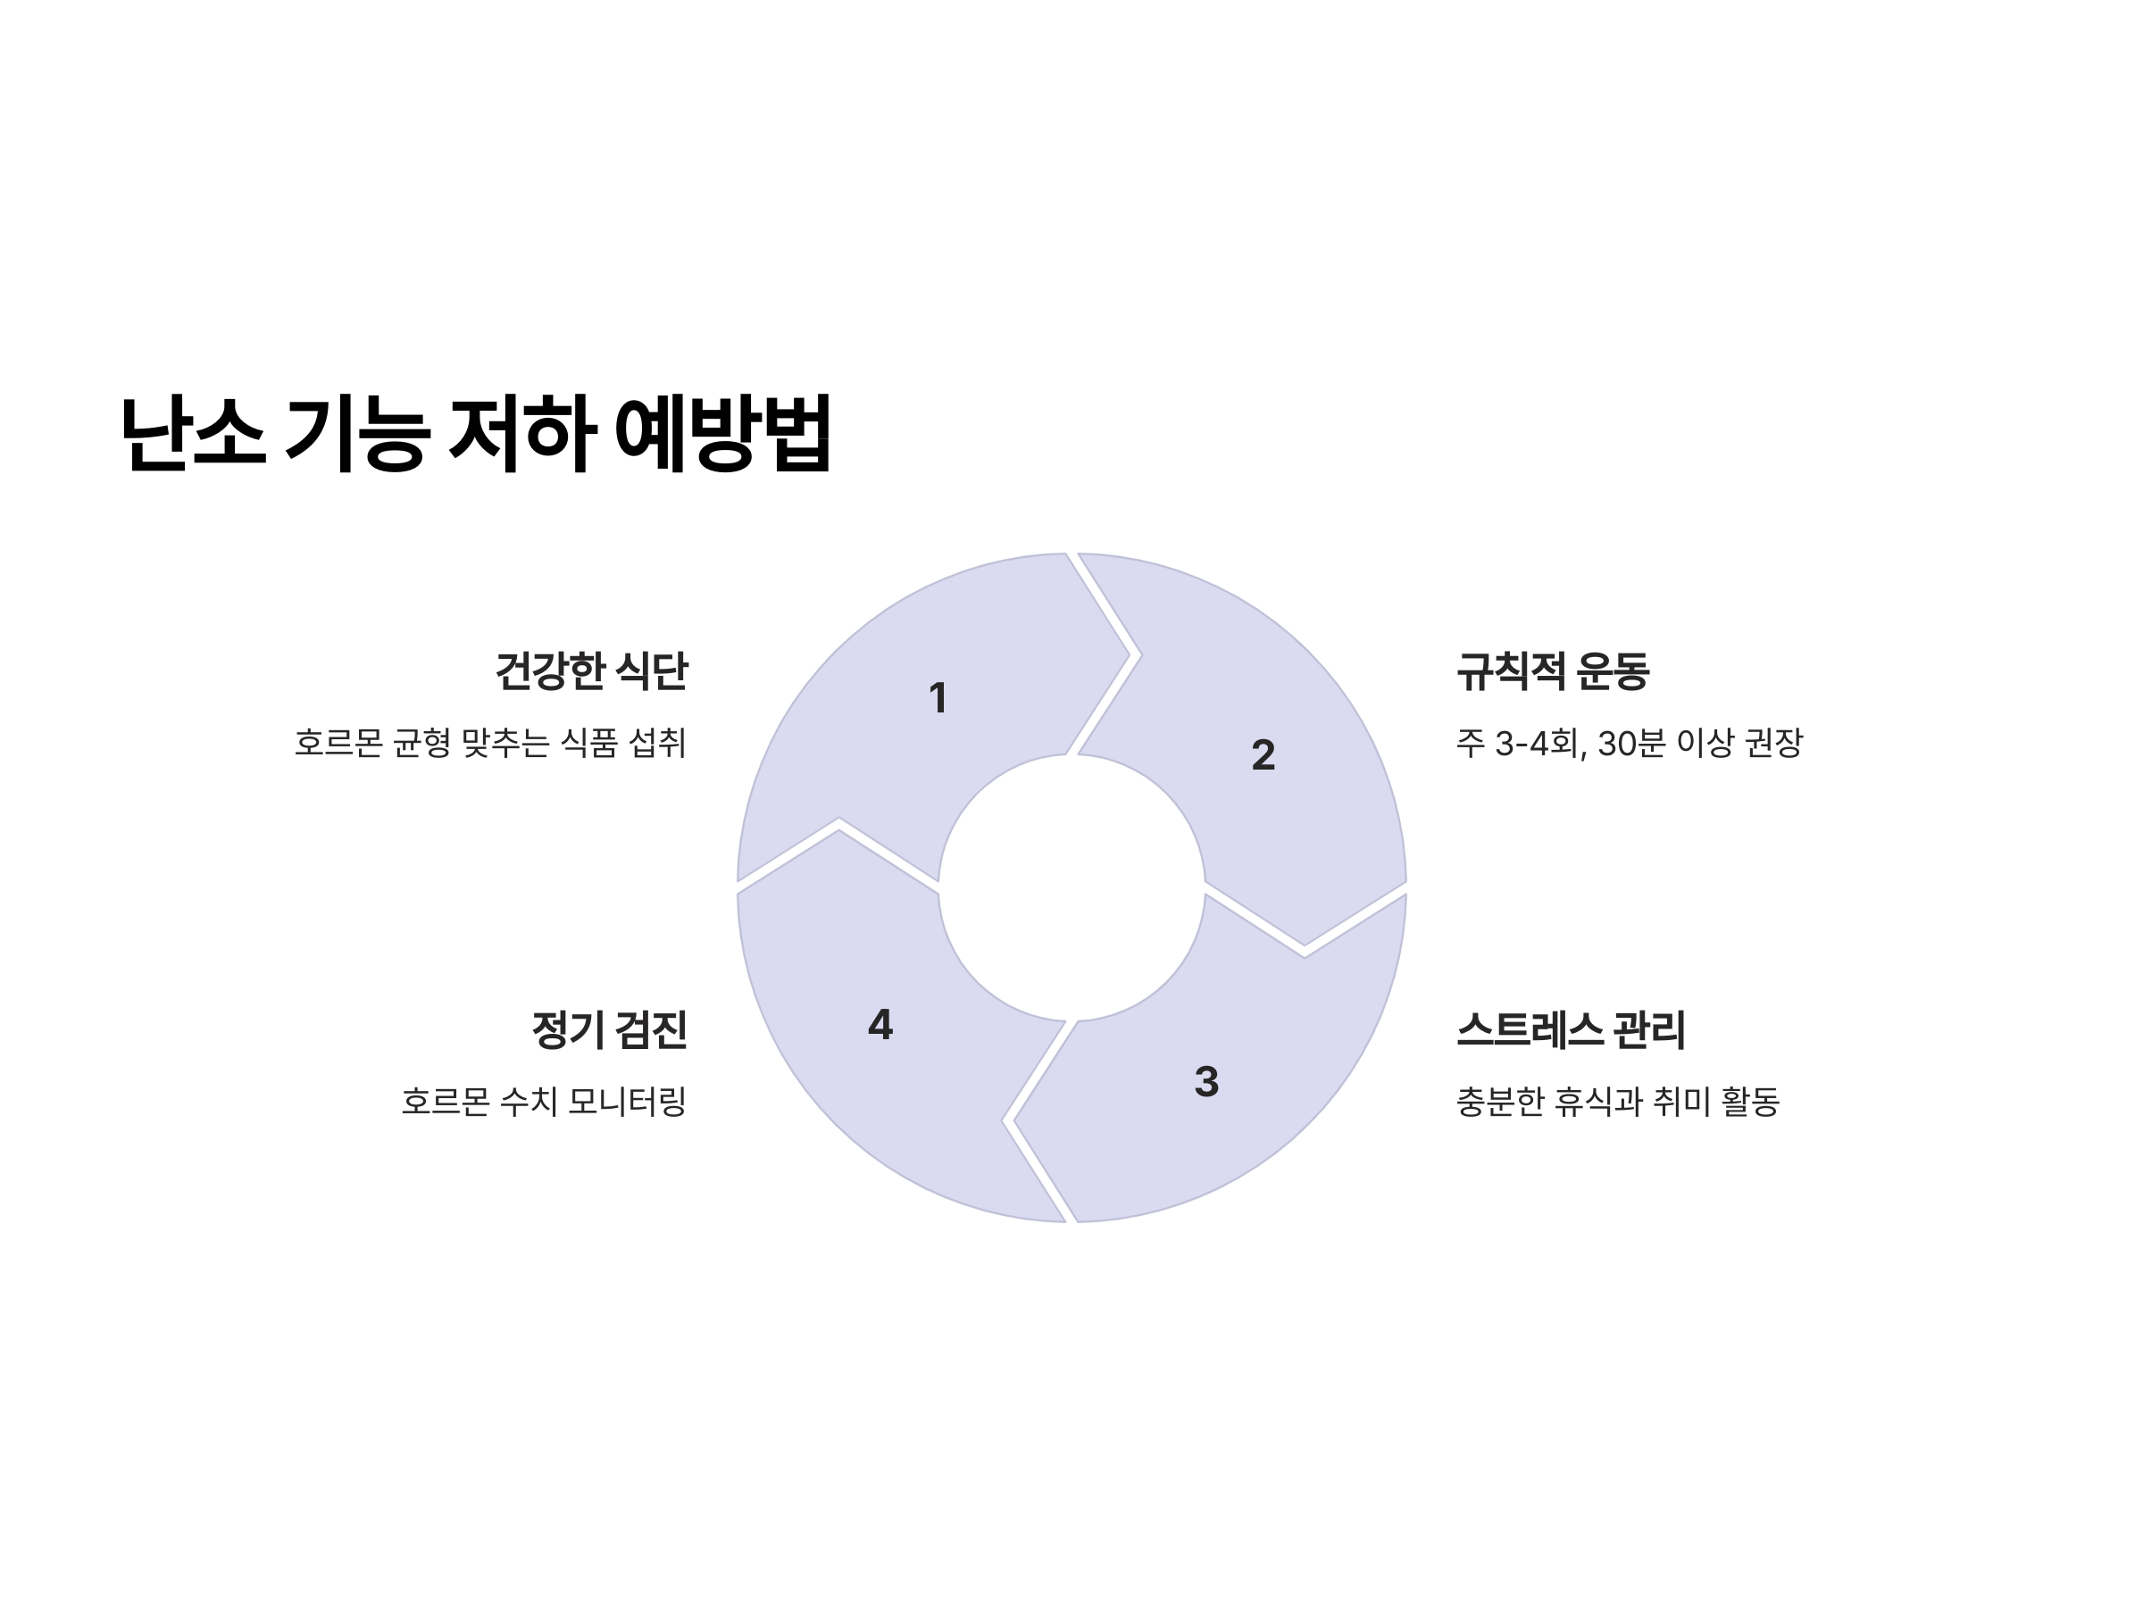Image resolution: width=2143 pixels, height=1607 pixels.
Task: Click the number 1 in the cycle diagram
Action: tap(937, 698)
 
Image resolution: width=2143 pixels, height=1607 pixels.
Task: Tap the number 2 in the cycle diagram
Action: tap(1263, 755)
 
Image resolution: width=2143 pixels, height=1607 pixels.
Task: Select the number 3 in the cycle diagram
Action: tap(1206, 1082)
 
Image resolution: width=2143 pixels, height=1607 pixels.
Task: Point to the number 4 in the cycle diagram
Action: tap(880, 1025)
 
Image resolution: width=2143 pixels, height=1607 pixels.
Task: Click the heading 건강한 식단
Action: tap(591, 671)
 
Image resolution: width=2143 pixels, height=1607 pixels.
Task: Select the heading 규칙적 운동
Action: tap(1552, 671)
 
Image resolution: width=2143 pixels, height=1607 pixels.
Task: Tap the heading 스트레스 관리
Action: tap(1571, 1029)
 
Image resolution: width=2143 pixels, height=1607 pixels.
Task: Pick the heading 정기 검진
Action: tap(609, 1029)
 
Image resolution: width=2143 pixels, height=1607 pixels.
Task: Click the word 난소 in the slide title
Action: tap(193, 434)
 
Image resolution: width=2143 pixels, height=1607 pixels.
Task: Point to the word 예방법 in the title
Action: tap(722, 434)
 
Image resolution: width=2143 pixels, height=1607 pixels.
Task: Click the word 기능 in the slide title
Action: tap(356, 434)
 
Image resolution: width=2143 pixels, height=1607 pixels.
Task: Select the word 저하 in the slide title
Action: tap(521, 434)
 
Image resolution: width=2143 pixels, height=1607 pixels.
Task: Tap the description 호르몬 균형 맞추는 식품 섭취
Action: tap(490, 743)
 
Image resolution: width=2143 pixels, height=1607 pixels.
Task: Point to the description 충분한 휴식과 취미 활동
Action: tap(1617, 1102)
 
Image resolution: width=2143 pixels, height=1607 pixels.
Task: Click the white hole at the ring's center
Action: tap(1071, 888)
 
